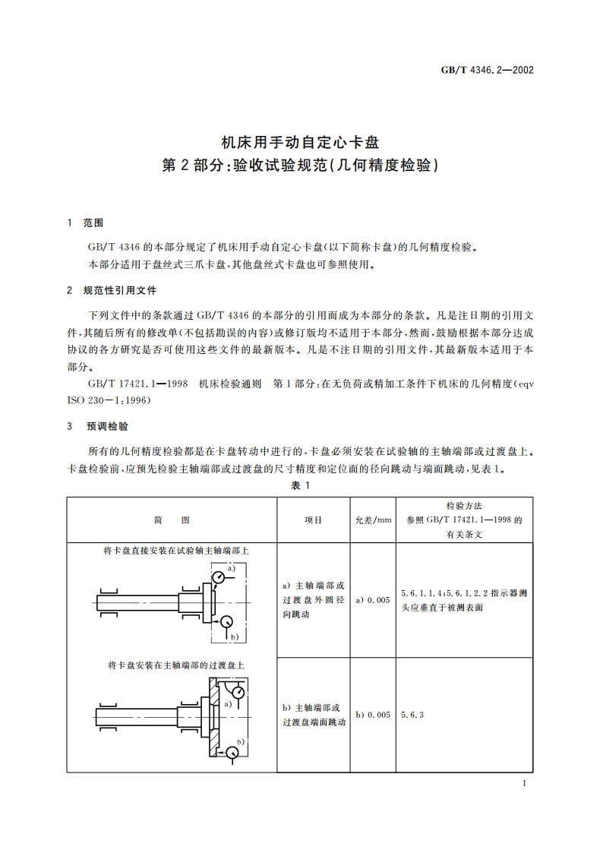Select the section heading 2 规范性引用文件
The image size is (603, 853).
(112, 290)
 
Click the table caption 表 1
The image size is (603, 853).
(301, 485)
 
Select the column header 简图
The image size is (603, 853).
(172, 520)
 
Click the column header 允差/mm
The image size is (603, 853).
(373, 520)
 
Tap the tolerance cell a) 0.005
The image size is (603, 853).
(373, 600)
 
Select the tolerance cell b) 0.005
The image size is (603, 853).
(373, 715)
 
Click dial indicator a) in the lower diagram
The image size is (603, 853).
(238, 693)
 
